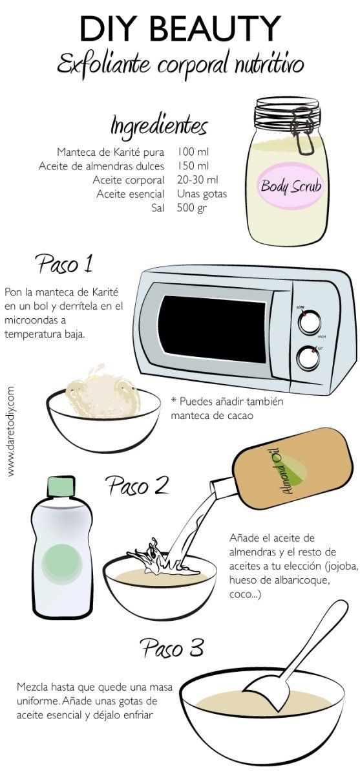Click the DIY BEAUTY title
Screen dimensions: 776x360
[x=180, y=28]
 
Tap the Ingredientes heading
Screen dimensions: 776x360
[x=159, y=125]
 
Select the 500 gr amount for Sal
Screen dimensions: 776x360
[x=193, y=208]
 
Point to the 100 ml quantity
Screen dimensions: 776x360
[x=193, y=153]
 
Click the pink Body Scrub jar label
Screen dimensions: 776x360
[x=291, y=188]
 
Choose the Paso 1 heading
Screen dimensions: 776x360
[x=64, y=264]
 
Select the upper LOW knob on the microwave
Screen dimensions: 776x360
[x=309, y=321]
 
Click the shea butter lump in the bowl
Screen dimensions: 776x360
[x=107, y=391]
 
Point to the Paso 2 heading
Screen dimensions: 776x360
[x=136, y=485]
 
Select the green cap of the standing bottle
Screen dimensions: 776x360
[x=59, y=487]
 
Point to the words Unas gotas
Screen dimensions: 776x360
[x=202, y=194]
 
